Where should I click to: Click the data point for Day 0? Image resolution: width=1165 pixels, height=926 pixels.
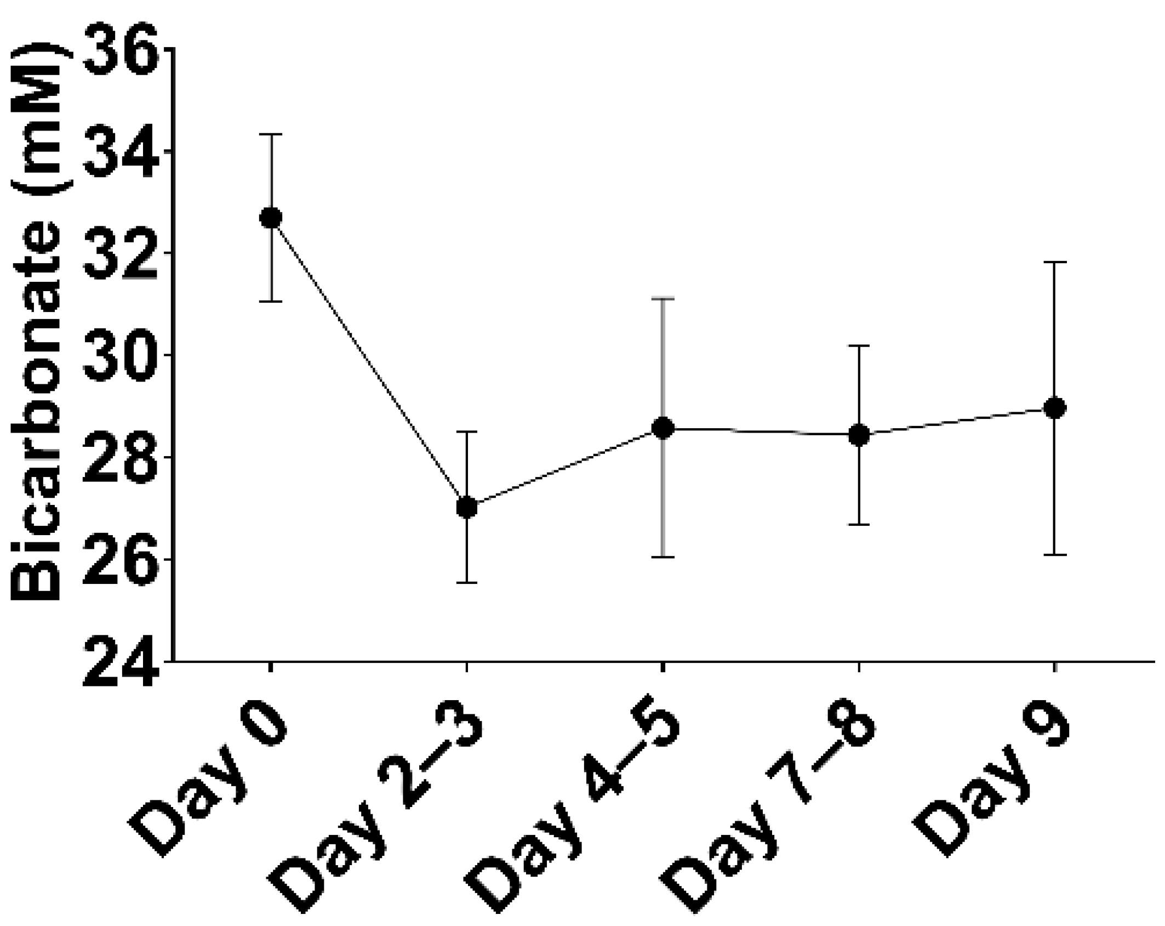pos(271,218)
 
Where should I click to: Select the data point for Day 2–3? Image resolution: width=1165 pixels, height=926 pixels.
pos(467,507)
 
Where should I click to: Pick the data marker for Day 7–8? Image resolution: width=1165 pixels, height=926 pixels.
pos(859,435)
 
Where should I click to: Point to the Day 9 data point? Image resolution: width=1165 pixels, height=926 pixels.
pos(1055,408)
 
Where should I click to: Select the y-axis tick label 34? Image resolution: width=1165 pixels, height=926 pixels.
pos(122,152)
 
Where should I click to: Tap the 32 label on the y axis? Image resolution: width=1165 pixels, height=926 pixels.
pos(122,254)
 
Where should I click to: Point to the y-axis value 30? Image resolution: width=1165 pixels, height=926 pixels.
pos(122,356)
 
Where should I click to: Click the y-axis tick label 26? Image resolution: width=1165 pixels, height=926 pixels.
pos(122,560)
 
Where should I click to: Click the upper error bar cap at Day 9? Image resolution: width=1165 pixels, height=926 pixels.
pos(1055,263)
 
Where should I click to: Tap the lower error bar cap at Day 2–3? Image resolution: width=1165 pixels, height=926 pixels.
pos(467,582)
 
